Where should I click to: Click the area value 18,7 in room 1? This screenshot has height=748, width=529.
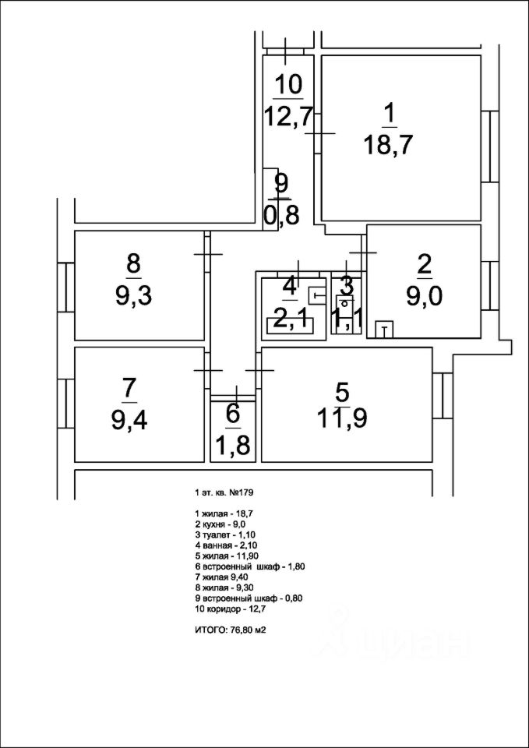[387, 146]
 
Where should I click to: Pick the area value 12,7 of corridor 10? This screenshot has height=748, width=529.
[288, 115]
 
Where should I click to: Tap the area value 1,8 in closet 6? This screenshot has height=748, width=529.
[233, 445]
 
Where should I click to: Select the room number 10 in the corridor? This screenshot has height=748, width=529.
[288, 83]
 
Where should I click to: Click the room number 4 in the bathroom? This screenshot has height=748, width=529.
[289, 285]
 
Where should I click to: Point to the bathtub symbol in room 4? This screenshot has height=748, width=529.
[291, 326]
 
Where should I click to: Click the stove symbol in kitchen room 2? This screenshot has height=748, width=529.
[384, 329]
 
